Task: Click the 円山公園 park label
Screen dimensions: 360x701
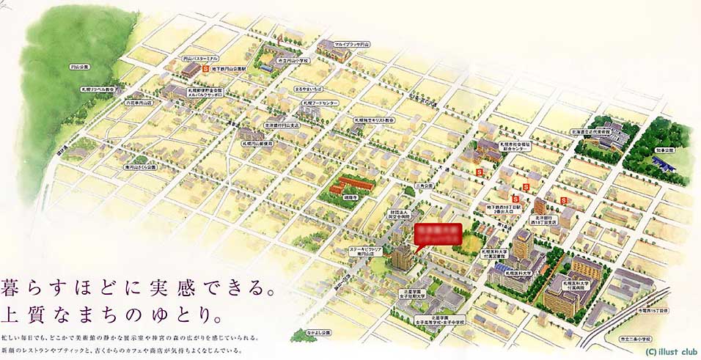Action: tap(80, 67)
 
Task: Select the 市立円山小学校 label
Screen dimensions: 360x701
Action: tap(293, 61)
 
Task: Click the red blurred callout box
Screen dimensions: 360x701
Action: tap(438, 235)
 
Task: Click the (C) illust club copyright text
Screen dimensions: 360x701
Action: tap(672, 351)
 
